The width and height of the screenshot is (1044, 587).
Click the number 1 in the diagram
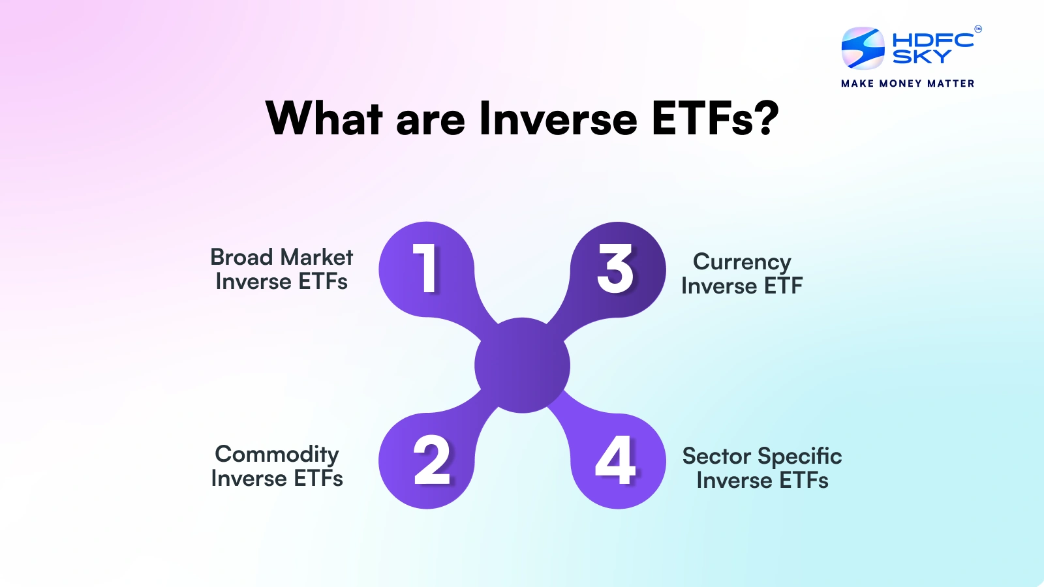pyautogui.click(x=426, y=268)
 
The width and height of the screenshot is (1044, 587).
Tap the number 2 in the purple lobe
pyautogui.click(x=432, y=460)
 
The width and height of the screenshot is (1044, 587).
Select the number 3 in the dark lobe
pyautogui.click(x=615, y=268)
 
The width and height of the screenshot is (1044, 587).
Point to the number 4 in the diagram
pyautogui.click(x=615, y=460)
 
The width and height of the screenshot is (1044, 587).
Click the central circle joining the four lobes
pyautogui.click(x=522, y=365)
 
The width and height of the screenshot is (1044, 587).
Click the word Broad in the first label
pyautogui.click(x=241, y=257)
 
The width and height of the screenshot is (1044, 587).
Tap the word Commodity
pyautogui.click(x=277, y=455)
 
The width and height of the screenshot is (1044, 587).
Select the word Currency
pyautogui.click(x=742, y=262)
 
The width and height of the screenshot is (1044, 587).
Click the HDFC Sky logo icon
pyautogui.click(x=863, y=48)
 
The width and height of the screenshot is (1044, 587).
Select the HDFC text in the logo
pyautogui.click(x=933, y=40)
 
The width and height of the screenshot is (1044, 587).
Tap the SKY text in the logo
pyautogui.click(x=921, y=57)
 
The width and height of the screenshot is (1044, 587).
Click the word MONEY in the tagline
pyautogui.click(x=900, y=83)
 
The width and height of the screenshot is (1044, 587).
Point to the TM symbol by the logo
pyautogui.click(x=977, y=29)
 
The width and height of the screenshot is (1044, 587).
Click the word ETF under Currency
pyautogui.click(x=783, y=286)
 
